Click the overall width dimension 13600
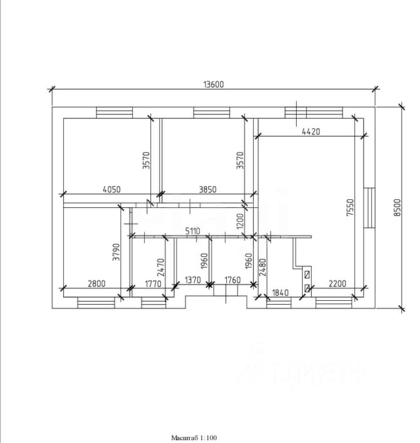pos(213,85)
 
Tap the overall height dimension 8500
pos(397,208)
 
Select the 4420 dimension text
pos(311,132)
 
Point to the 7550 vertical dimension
pos(350,208)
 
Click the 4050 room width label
pos(112,189)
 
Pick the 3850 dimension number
pos(208,189)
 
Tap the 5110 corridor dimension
pos(193,231)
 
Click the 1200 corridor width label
pos(240,221)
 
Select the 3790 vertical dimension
pos(116,252)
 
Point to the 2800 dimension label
pos(97,284)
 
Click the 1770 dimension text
pos(153,284)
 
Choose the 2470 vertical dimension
pos(160,267)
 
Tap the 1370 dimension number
pos(193,280)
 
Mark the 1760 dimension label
pos(233,280)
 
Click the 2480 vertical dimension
pos(262,267)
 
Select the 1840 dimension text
pos(280,292)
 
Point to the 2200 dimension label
pos(337,284)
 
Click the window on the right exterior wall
pos(369,208)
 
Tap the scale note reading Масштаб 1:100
pos(194,437)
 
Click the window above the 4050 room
pos(114,112)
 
